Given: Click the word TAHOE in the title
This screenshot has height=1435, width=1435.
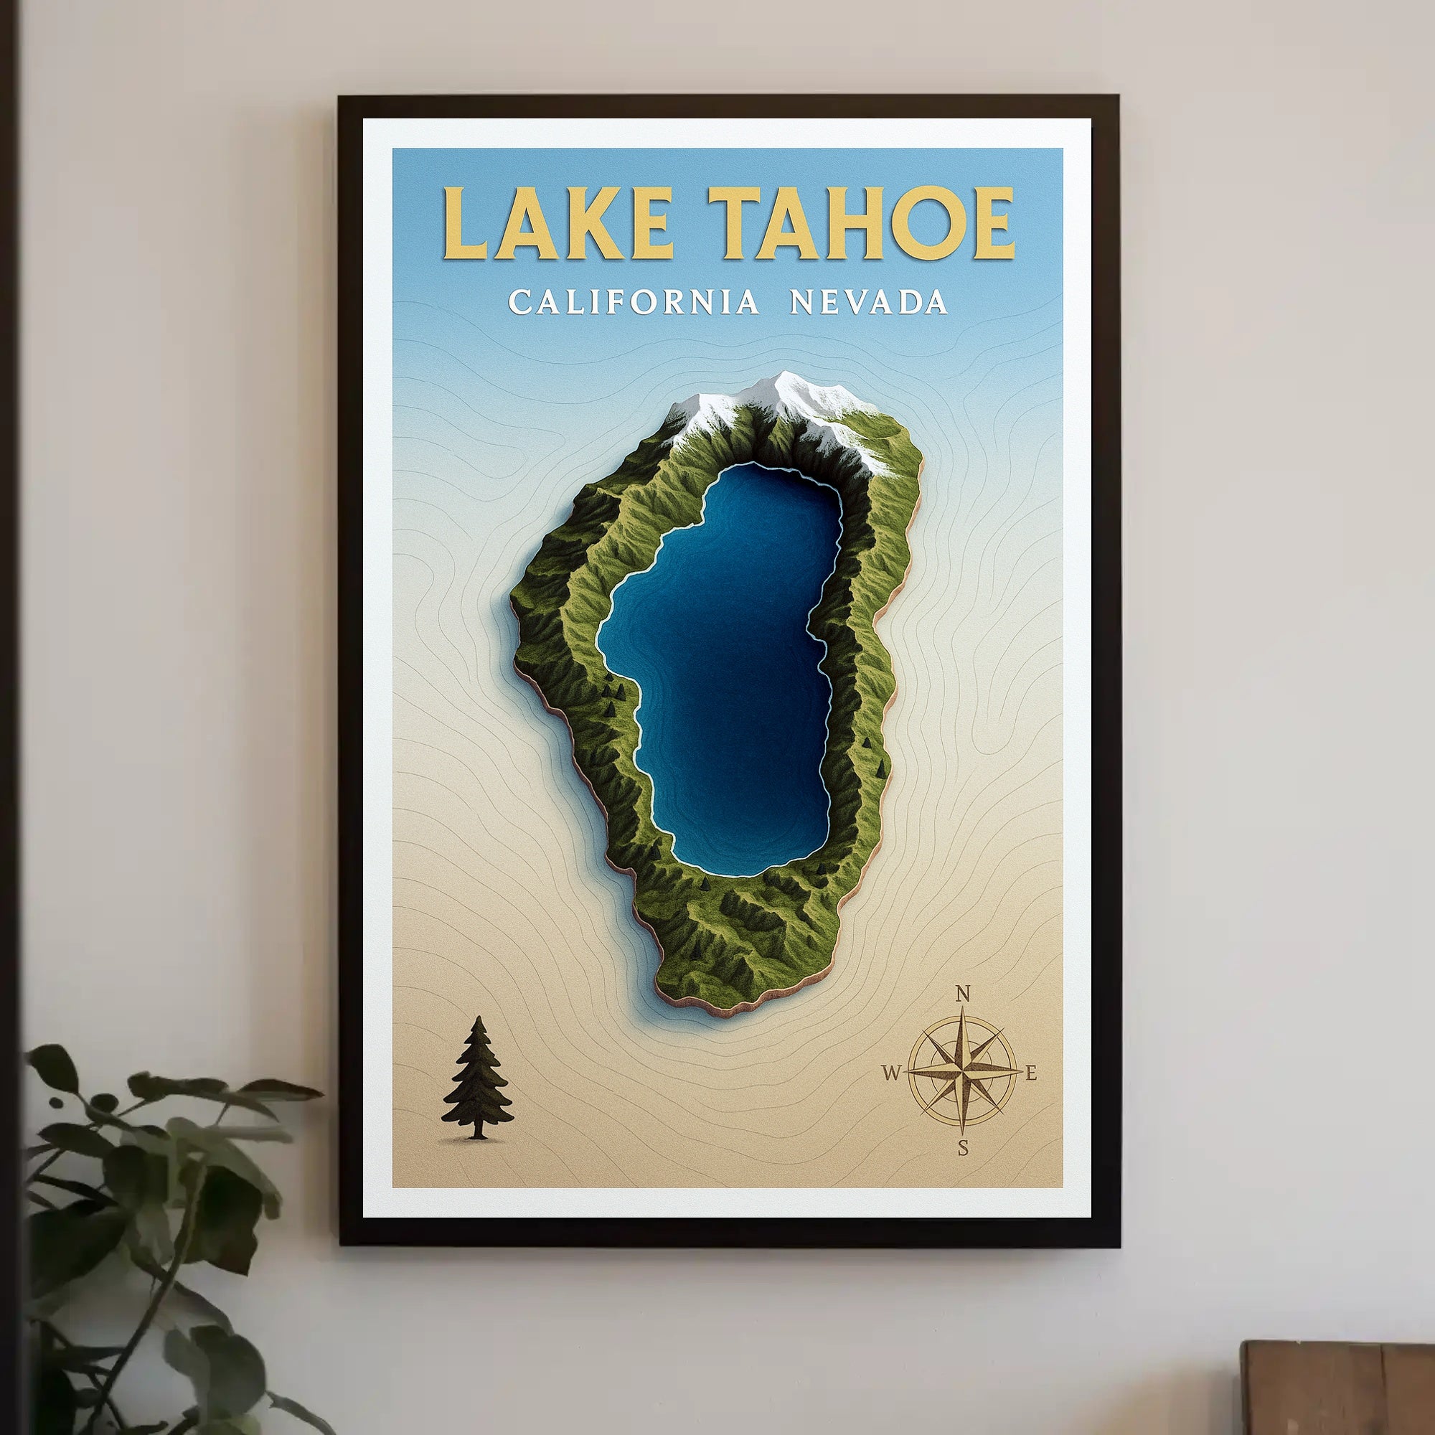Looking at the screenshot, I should click(x=861, y=223).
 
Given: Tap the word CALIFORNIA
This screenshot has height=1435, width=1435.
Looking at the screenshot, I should click(x=634, y=302).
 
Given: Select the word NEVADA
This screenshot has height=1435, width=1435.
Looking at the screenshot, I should click(x=868, y=302).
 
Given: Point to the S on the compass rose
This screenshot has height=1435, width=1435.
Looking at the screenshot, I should click(x=964, y=1148).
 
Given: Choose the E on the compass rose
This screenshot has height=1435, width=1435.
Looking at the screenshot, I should click(x=1031, y=1073).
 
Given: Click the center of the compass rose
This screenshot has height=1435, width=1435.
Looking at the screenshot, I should click(x=964, y=1071).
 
